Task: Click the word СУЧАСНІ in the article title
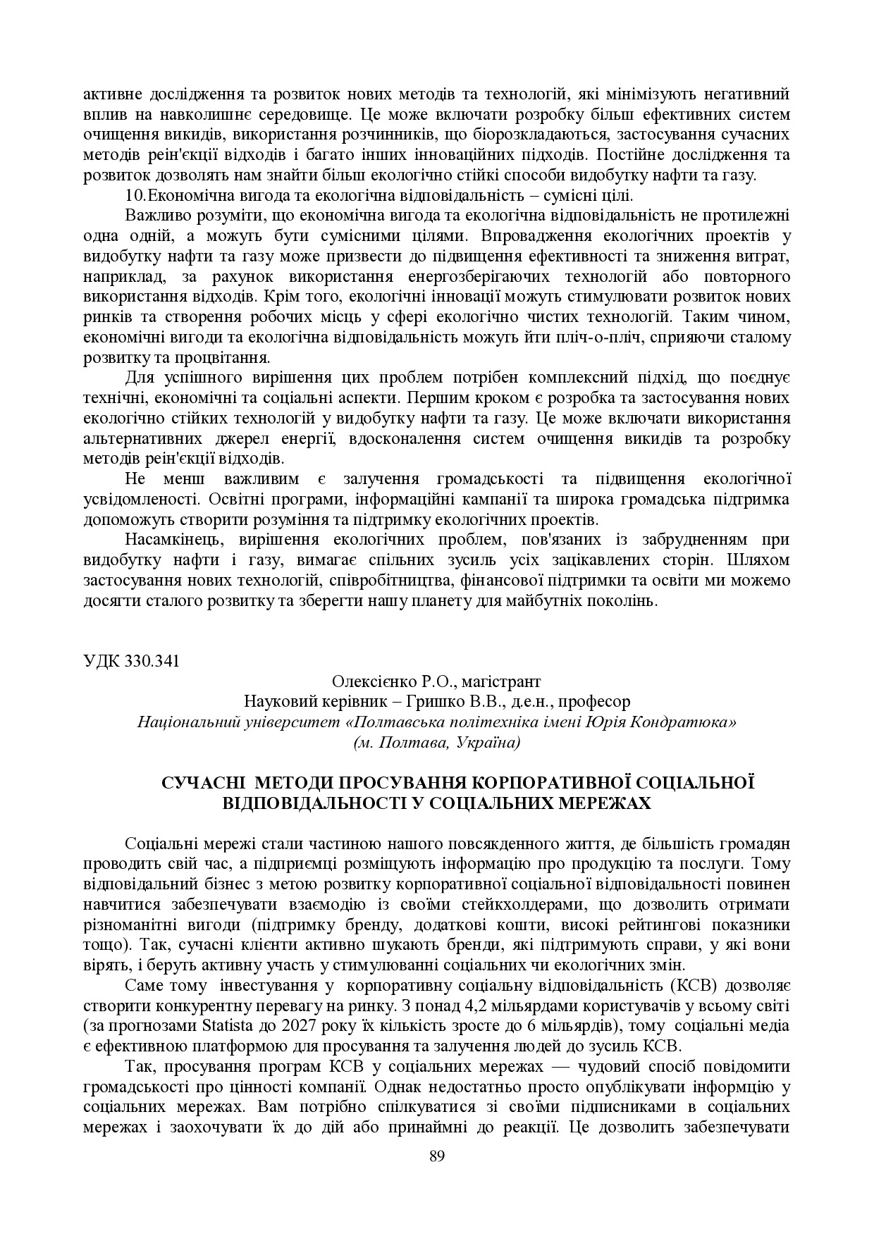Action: point(204,783)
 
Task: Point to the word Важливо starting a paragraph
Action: point(152,216)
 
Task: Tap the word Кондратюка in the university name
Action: point(694,722)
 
